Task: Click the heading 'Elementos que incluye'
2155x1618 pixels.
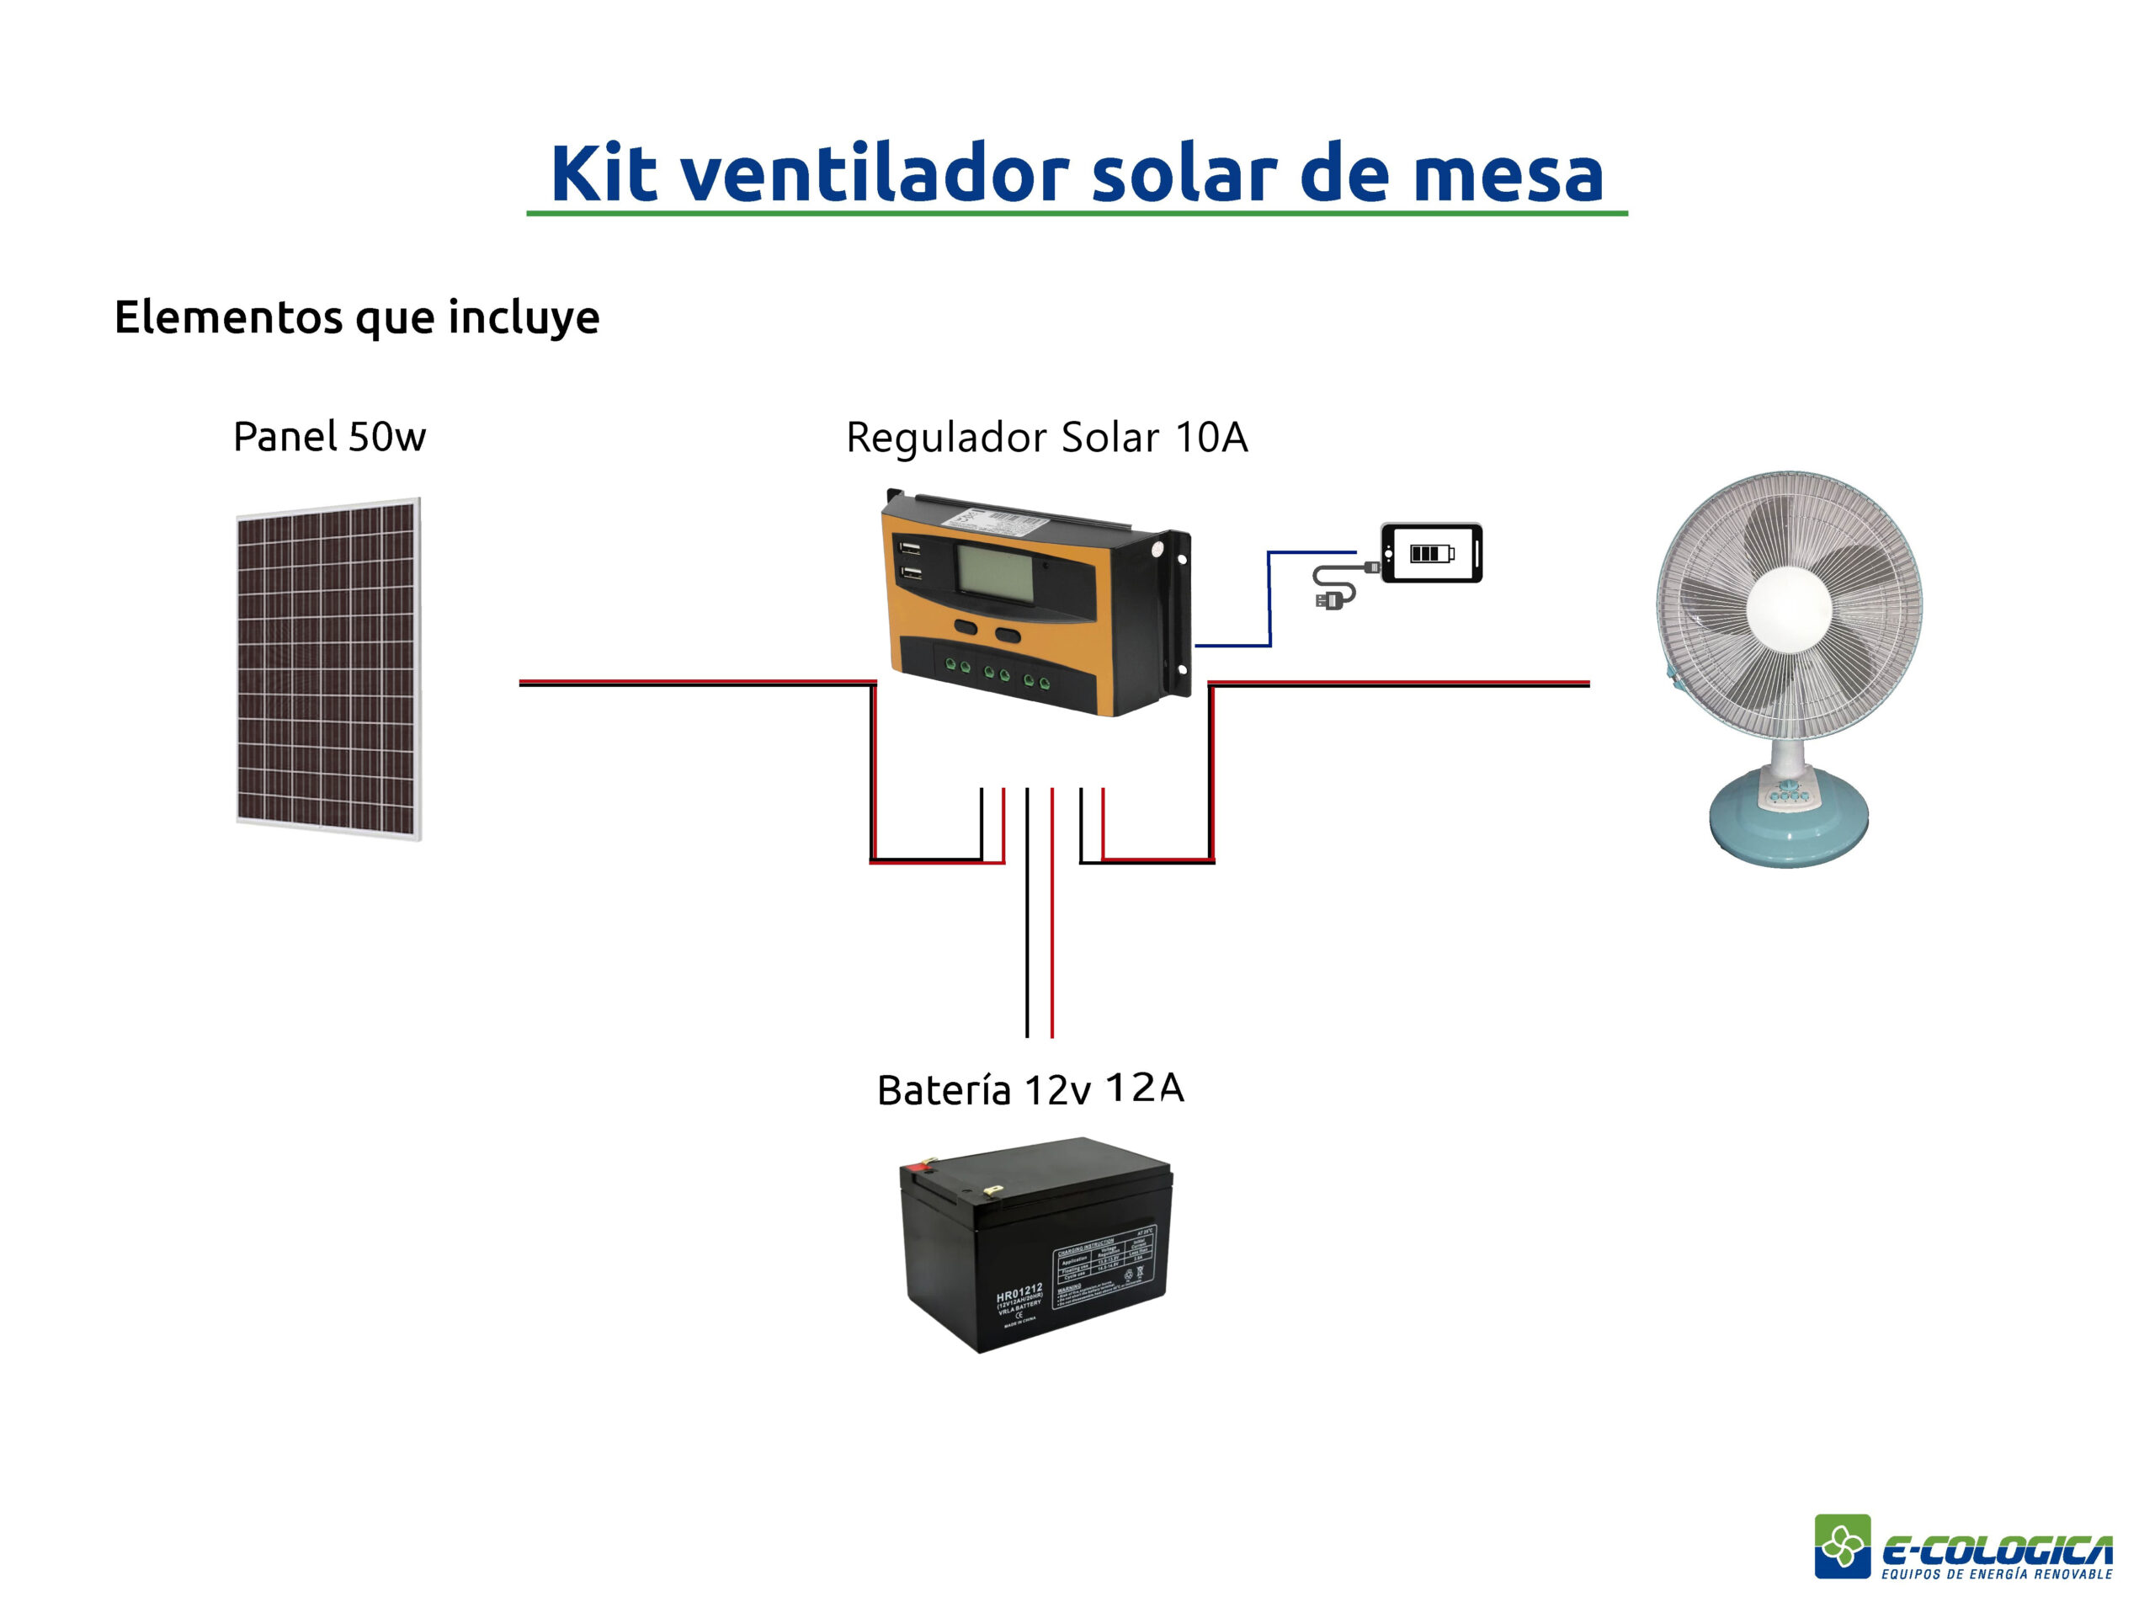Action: click(357, 317)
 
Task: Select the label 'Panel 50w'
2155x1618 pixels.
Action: click(329, 436)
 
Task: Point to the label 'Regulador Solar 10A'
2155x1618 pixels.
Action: click(1046, 438)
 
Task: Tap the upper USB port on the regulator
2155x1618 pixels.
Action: click(910, 547)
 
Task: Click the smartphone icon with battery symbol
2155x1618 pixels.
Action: click(1431, 553)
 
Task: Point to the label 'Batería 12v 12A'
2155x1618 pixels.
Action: click(1030, 1089)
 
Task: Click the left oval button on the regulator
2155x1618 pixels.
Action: click(966, 627)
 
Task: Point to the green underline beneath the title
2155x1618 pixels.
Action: click(1077, 212)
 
